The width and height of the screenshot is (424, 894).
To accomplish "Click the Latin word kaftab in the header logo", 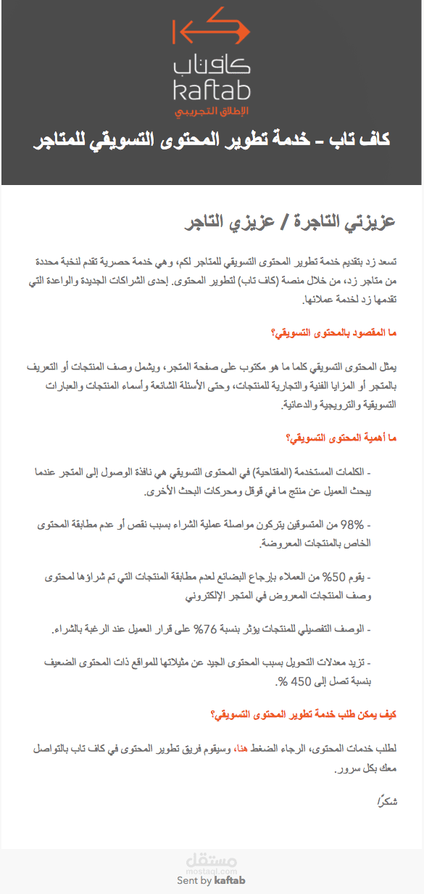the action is coord(211,91).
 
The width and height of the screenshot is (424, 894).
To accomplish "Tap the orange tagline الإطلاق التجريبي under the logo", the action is coord(211,110).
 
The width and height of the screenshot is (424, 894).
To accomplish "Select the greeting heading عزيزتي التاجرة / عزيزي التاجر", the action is coord(288,222).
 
